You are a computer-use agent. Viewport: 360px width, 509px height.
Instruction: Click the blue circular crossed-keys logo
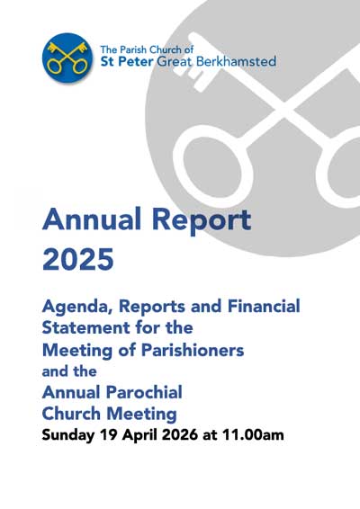pos(67,58)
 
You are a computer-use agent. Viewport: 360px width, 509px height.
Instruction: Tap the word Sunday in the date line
pos(71,436)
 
